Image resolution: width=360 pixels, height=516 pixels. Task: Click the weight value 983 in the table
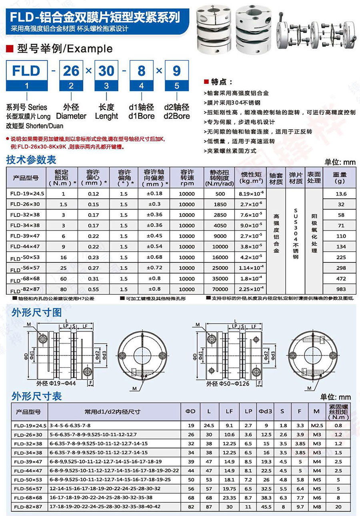coord(341,289)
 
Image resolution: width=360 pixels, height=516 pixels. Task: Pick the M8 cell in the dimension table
coord(316,506)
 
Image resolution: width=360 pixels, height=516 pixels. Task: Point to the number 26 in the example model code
coord(71,71)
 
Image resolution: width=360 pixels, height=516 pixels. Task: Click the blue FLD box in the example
coord(26,71)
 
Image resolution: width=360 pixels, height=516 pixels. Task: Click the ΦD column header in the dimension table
coord(191,411)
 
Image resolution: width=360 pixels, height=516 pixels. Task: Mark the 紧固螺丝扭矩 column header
coord(338,411)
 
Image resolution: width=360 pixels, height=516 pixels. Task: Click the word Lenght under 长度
coord(106,116)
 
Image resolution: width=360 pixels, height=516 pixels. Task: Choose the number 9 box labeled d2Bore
coord(176,71)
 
